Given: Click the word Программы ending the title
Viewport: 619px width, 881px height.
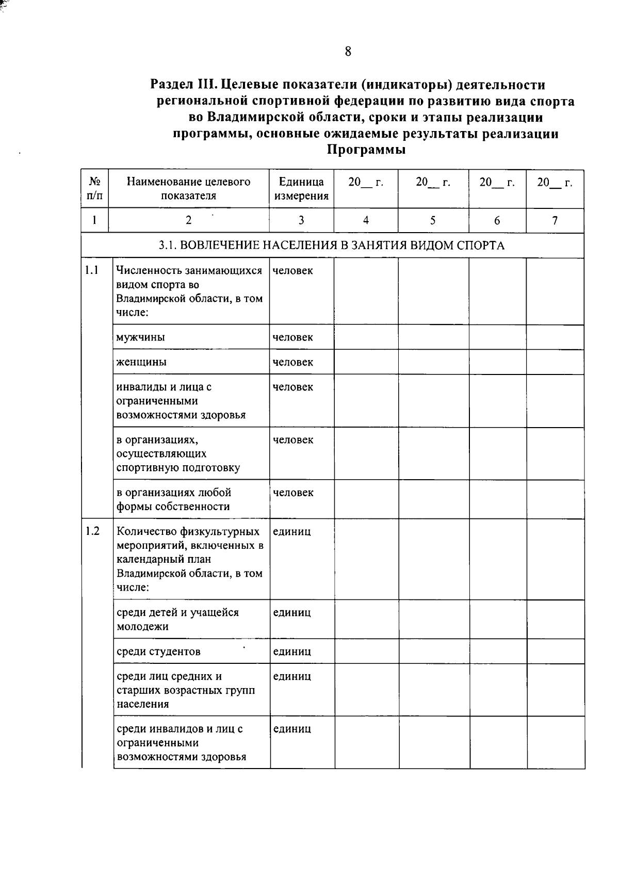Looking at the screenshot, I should point(366,150).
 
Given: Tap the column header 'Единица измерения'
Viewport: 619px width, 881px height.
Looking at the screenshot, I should point(301,188).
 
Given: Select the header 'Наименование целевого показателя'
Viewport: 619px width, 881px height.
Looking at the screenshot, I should point(188,188).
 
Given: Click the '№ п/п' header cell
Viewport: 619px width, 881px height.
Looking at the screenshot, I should point(94,188).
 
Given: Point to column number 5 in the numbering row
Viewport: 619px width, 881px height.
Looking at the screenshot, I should point(433,221).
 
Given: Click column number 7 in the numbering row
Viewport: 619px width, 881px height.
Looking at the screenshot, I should point(555,221).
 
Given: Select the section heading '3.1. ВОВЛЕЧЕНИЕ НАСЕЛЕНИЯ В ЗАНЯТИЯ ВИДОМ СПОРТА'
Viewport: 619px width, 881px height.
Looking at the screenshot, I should point(332,246).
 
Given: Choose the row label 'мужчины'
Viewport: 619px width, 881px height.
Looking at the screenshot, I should point(141,337).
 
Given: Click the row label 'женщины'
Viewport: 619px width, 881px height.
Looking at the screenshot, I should point(141,362).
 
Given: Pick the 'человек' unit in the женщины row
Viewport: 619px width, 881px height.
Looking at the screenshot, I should point(292,362).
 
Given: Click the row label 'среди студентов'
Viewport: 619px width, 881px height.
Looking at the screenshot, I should point(158,651).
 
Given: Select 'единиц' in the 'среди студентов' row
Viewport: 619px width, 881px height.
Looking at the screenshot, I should point(291,651).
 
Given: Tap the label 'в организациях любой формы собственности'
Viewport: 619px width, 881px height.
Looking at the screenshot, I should point(173,499).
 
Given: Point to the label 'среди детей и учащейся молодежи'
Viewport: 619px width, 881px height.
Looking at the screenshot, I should point(177,619).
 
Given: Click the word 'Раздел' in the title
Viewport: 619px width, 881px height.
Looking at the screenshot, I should point(171,84).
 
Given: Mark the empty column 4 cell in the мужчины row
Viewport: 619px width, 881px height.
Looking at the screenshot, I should point(366,337).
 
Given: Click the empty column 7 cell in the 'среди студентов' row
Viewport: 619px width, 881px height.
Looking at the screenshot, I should point(556,651).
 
